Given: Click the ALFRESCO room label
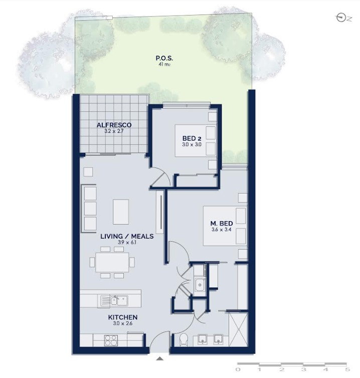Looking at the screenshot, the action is [114, 125].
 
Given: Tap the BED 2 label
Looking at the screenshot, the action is [192, 138].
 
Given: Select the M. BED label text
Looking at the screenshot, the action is [221, 223].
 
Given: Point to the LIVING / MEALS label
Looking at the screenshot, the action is [127, 236].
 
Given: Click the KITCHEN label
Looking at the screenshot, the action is [123, 317].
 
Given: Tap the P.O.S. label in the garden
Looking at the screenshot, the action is [164, 58].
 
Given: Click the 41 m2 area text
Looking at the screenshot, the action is [164, 64].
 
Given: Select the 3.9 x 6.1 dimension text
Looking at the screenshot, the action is [127, 242].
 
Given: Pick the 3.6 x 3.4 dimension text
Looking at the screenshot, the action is [221, 229].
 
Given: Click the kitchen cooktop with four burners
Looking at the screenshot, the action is [111, 340].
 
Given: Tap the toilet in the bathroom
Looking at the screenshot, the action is [185, 340].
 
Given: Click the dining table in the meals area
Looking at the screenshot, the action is [112, 262].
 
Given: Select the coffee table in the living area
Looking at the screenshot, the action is [121, 212].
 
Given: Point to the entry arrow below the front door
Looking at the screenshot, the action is [159, 358].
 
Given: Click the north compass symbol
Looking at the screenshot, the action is [341, 18].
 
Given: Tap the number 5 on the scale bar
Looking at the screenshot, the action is [347, 369].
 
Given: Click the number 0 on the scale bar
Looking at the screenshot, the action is [238, 369].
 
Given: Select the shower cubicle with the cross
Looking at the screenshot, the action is [238, 329].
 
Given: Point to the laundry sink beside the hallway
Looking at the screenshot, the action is [200, 284].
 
